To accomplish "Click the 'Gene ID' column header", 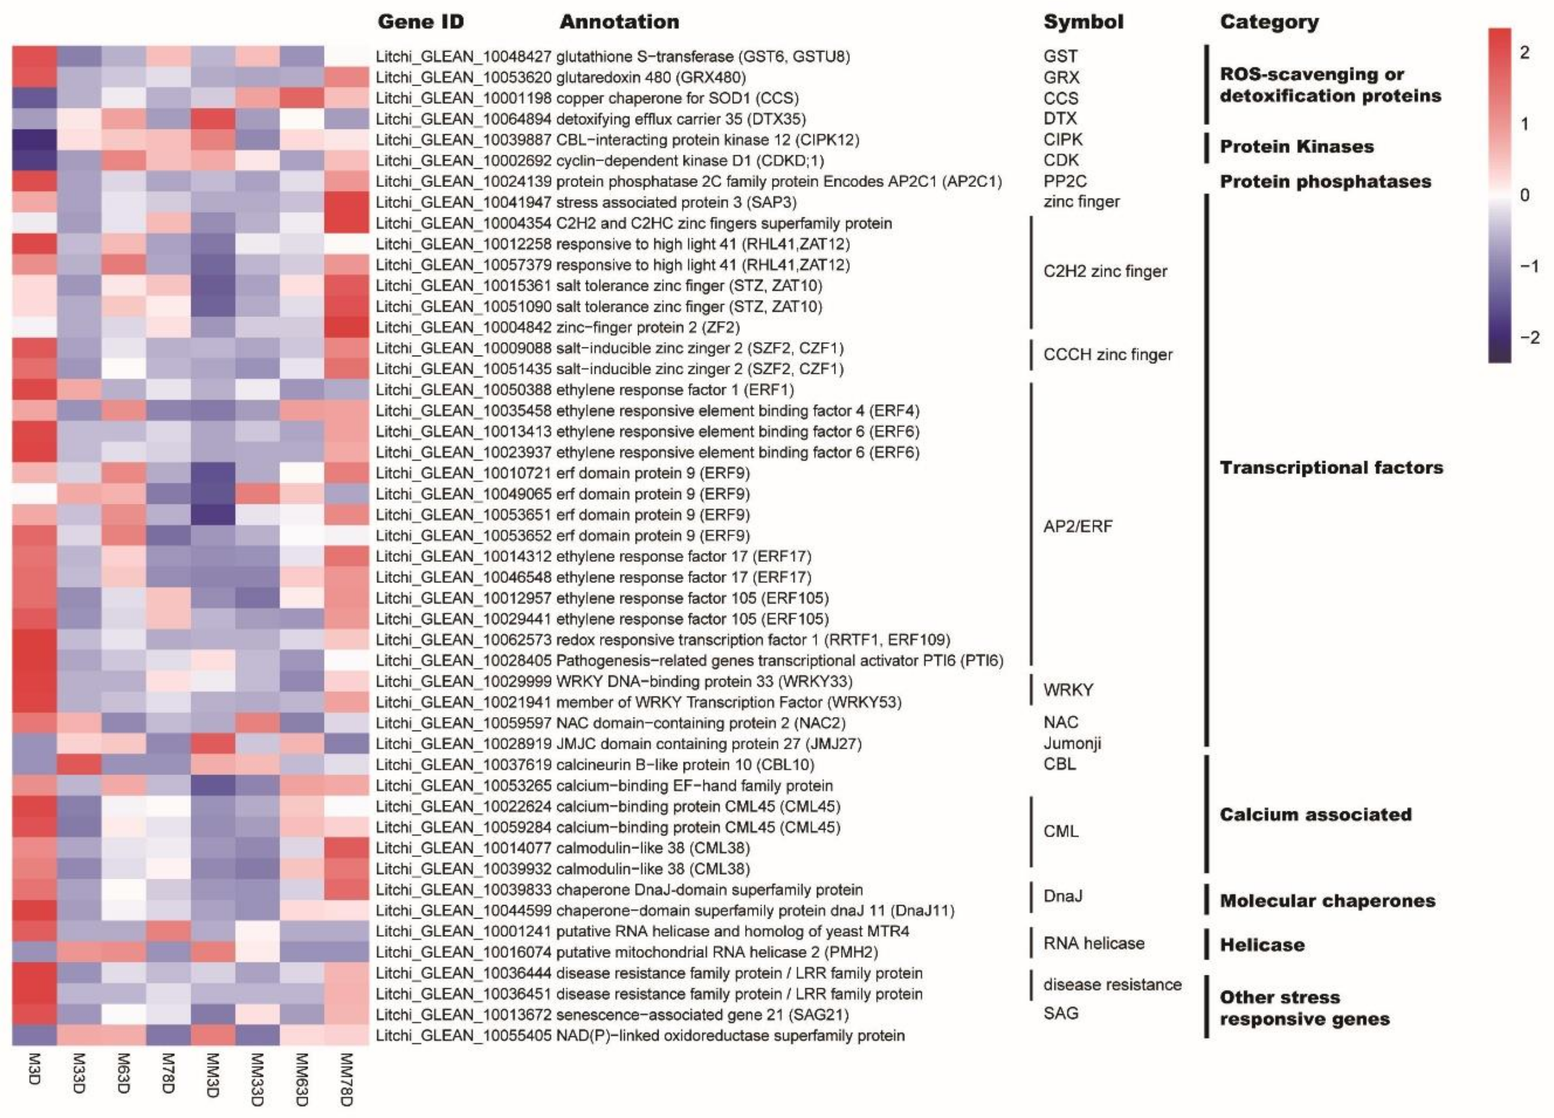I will coord(421,22).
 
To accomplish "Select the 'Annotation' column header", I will coord(619,22).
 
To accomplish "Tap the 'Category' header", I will coord(1269,22).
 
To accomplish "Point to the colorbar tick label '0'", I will coord(1524,195).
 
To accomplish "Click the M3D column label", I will coord(34,1070).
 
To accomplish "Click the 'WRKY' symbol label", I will coord(1068,690).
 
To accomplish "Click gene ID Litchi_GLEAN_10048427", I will coord(464,56).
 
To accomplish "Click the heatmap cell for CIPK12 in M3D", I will coord(34,140).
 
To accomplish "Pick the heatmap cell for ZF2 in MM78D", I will coord(346,327).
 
